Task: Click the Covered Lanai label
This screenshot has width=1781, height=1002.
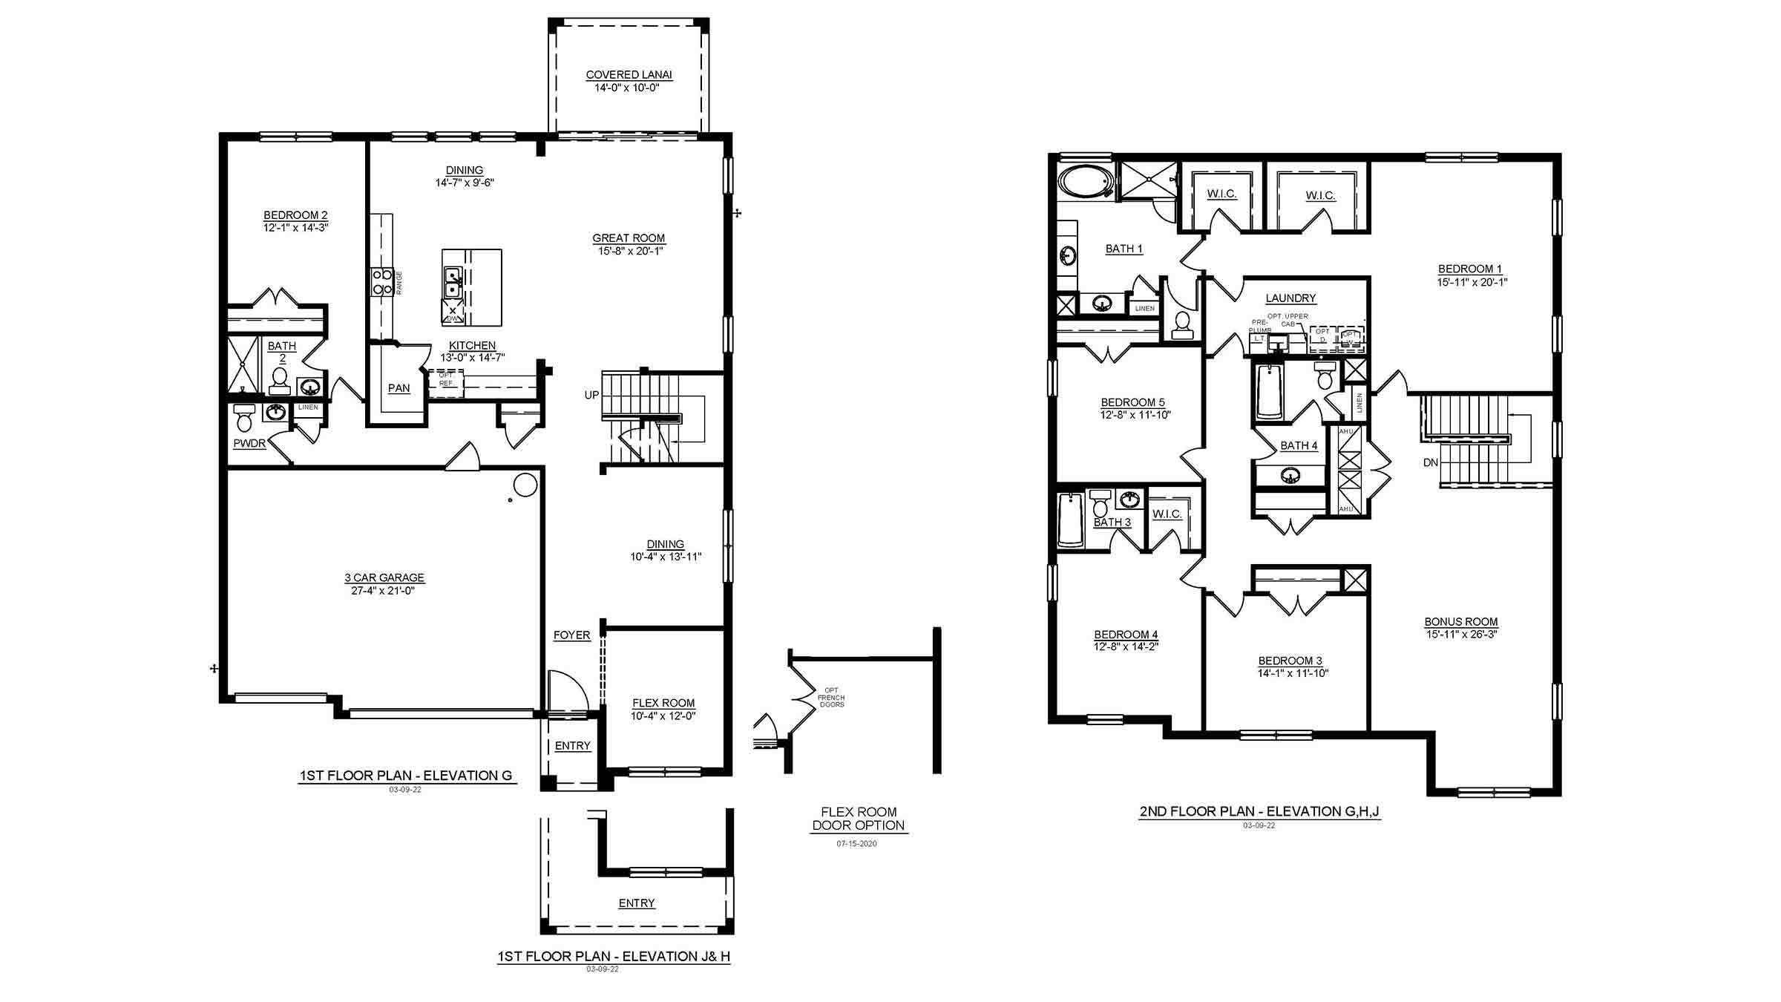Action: (x=629, y=74)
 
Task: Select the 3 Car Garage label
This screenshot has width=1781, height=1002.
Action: (x=384, y=577)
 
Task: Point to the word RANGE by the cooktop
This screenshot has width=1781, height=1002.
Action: (x=399, y=283)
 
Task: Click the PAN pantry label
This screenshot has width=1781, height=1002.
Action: (x=398, y=388)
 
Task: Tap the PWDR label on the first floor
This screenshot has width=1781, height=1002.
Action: (x=249, y=444)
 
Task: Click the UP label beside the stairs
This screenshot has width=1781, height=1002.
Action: (x=591, y=395)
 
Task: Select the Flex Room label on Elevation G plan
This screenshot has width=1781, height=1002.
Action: (x=663, y=703)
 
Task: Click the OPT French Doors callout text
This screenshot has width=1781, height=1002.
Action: (x=830, y=697)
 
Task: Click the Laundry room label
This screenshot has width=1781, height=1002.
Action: (x=1290, y=298)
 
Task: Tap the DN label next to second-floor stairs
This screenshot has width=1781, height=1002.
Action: (x=1431, y=462)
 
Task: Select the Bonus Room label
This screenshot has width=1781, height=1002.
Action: (x=1460, y=622)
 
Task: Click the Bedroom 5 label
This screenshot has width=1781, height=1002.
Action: (x=1132, y=402)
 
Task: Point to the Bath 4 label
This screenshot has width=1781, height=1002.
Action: (x=1299, y=445)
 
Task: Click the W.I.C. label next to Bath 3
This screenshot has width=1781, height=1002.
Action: (x=1167, y=514)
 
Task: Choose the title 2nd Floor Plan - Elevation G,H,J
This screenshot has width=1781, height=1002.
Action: (x=1259, y=811)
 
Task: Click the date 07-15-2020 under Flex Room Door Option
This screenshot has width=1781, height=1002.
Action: (x=856, y=844)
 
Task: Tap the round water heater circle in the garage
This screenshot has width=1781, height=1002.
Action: (x=525, y=485)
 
